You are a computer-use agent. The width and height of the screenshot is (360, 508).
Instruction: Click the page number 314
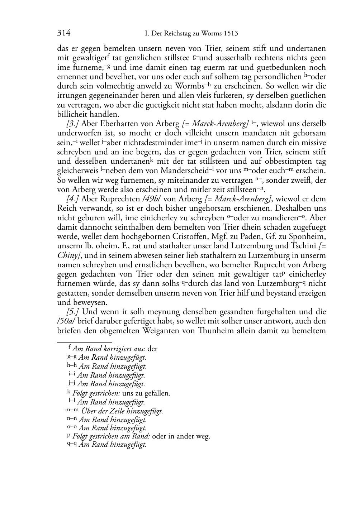click(x=64, y=33)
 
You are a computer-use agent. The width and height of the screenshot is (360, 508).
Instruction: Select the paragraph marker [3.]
click(x=73, y=124)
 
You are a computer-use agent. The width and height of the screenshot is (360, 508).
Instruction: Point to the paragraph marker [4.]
click(x=73, y=199)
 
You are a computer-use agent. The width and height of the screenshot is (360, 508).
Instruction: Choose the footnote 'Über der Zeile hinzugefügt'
click(x=122, y=411)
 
